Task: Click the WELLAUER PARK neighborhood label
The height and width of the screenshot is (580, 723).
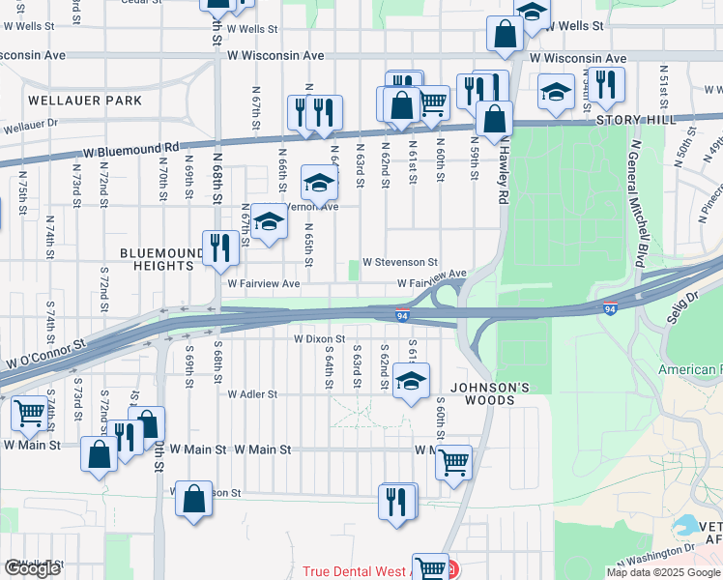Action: [x=85, y=101]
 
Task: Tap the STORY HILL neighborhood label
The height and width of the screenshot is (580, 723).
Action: [x=631, y=120]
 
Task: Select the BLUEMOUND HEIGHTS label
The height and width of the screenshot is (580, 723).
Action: [x=157, y=259]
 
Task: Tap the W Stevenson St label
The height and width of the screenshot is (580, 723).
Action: [x=400, y=262]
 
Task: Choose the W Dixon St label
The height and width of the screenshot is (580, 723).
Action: [x=319, y=339]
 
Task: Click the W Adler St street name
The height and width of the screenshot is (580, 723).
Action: [x=252, y=394]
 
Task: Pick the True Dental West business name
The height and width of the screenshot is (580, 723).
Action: [x=357, y=571]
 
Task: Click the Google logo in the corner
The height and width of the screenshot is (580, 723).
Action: [x=32, y=568]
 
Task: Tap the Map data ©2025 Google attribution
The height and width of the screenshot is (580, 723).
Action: [x=663, y=572]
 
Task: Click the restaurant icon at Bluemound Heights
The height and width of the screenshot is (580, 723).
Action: [x=218, y=247]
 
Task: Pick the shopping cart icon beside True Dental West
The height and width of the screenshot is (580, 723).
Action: [x=430, y=567]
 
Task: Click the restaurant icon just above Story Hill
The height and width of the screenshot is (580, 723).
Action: [x=608, y=84]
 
